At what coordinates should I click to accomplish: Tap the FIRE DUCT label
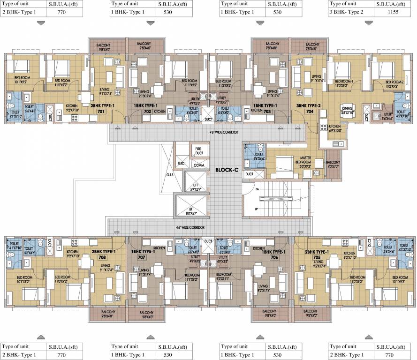click(198, 152)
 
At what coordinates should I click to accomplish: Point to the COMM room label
click(198, 165)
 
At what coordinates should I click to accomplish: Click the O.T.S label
click(170, 175)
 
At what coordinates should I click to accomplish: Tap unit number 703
click(268, 112)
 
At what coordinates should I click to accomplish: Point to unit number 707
click(141, 257)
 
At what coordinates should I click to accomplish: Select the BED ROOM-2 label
click(389, 83)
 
